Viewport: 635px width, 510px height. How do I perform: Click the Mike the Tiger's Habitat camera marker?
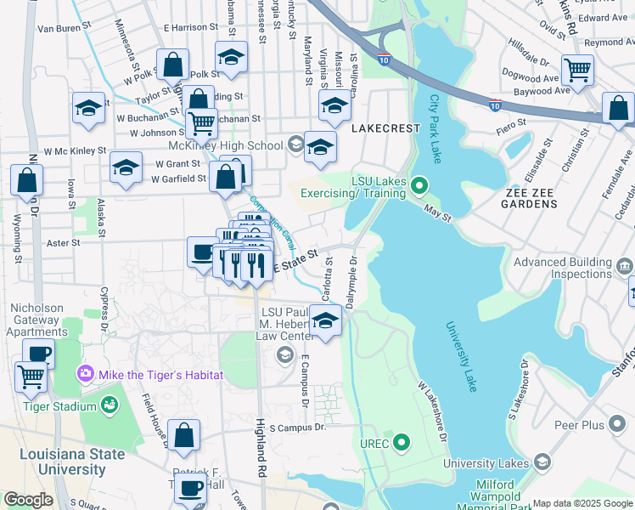tap(85, 374)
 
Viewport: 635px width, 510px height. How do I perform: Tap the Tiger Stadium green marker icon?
tap(109, 405)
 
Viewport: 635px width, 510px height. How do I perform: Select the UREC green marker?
tap(402, 443)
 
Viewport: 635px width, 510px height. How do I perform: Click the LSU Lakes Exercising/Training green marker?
tap(419, 184)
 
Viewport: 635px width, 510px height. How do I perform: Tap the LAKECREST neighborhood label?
tap(385, 127)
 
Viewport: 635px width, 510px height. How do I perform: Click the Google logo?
tap(28, 500)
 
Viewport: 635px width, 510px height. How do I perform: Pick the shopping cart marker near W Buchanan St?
tap(201, 123)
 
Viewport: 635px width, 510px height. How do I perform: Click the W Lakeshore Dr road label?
tap(431, 407)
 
